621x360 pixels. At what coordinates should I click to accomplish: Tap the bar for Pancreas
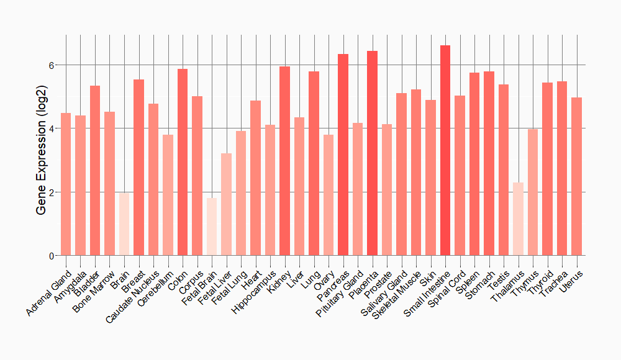click(x=343, y=155)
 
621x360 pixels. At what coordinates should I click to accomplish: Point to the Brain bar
click(x=124, y=224)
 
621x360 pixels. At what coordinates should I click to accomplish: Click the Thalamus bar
click(x=518, y=219)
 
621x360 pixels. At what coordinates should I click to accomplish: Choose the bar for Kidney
click(x=284, y=161)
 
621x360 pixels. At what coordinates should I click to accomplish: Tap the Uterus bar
click(x=576, y=176)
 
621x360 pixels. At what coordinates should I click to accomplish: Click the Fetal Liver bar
click(x=226, y=204)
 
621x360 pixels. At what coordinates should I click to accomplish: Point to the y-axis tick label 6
click(x=52, y=65)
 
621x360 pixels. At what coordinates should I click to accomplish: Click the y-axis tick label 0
click(x=52, y=256)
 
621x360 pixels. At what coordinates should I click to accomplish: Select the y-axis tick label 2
click(x=52, y=192)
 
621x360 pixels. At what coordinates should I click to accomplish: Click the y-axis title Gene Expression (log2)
click(x=41, y=160)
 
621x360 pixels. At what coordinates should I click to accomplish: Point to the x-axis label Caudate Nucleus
click(x=134, y=294)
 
